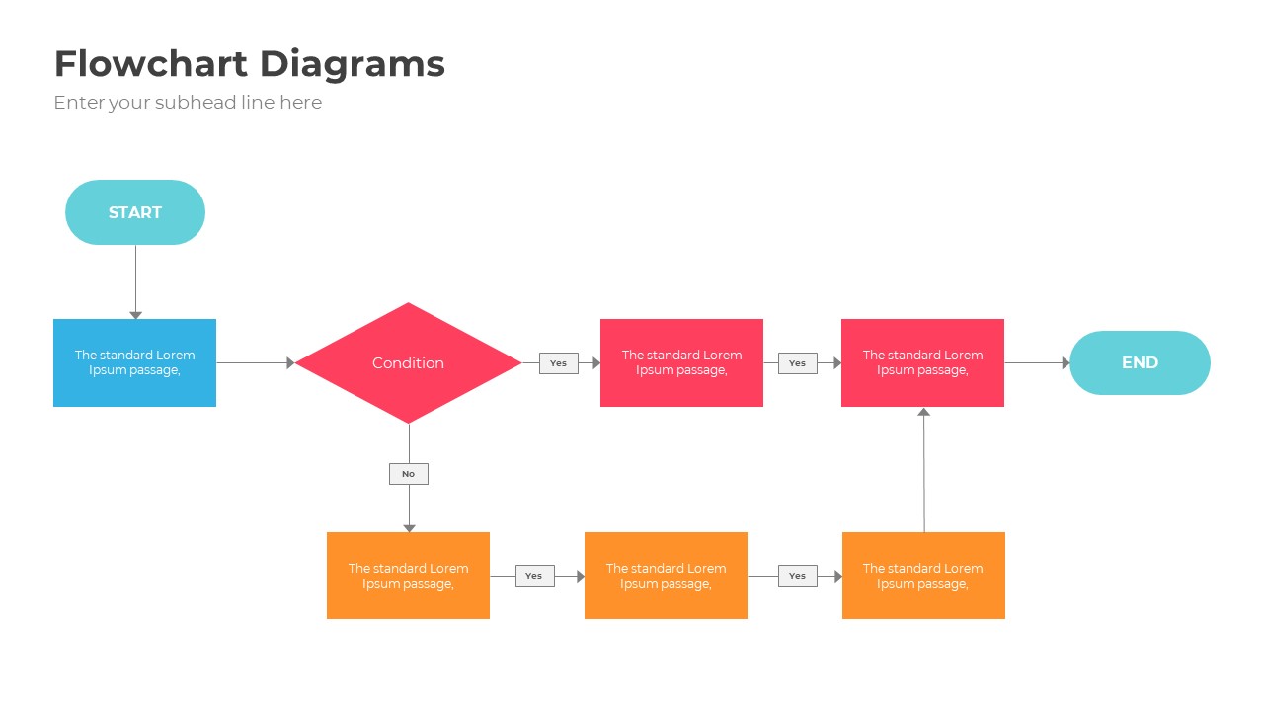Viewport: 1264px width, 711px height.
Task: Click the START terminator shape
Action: (x=135, y=212)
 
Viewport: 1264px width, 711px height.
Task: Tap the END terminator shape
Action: (x=1140, y=362)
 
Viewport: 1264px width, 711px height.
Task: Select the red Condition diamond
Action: (x=408, y=362)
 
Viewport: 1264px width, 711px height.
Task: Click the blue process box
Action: (x=134, y=362)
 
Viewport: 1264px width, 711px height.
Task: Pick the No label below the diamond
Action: (x=408, y=474)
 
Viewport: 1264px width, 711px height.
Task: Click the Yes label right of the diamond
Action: (x=558, y=363)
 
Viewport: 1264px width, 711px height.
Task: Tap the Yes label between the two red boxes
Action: (x=797, y=363)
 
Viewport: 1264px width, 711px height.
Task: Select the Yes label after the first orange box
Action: (x=534, y=576)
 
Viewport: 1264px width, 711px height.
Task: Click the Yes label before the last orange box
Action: (x=797, y=576)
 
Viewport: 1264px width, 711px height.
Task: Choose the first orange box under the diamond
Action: (x=408, y=576)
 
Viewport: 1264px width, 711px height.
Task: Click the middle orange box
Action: (x=666, y=576)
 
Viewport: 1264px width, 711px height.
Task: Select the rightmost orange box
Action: (x=923, y=576)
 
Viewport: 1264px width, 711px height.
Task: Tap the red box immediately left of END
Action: (x=922, y=362)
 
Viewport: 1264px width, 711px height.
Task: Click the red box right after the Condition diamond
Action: (x=681, y=362)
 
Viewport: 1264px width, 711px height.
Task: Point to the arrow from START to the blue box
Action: (x=135, y=281)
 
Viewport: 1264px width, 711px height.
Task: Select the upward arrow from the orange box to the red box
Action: (x=924, y=469)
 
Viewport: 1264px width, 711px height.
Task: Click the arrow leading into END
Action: (x=1037, y=362)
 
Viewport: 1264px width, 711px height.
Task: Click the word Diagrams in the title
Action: (x=353, y=64)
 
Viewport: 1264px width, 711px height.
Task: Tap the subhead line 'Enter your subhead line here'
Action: (x=188, y=102)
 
